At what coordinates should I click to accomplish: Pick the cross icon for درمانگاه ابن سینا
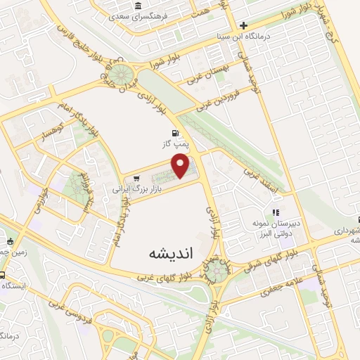tap(242, 26)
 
